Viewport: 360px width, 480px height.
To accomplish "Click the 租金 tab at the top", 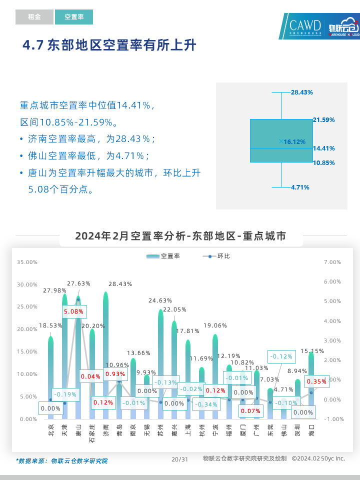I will pyautogui.click(x=34, y=17).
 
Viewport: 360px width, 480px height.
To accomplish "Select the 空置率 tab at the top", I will pyautogui.click(x=74, y=17).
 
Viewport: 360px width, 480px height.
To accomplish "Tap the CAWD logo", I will pyautogui.click(x=305, y=26).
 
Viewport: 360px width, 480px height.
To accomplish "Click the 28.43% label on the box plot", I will pyautogui.click(x=301, y=92).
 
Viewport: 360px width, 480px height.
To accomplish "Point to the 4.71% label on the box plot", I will pyautogui.click(x=300, y=187).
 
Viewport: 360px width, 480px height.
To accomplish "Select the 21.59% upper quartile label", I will pyautogui.click(x=323, y=120).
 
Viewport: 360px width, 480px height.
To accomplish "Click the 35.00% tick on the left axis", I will pyautogui.click(x=27, y=262).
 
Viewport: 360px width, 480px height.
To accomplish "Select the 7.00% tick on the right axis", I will pyautogui.click(x=332, y=262).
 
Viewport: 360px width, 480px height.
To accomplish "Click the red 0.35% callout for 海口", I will pyautogui.click(x=317, y=381).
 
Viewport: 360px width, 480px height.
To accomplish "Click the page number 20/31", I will pyautogui.click(x=179, y=459).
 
